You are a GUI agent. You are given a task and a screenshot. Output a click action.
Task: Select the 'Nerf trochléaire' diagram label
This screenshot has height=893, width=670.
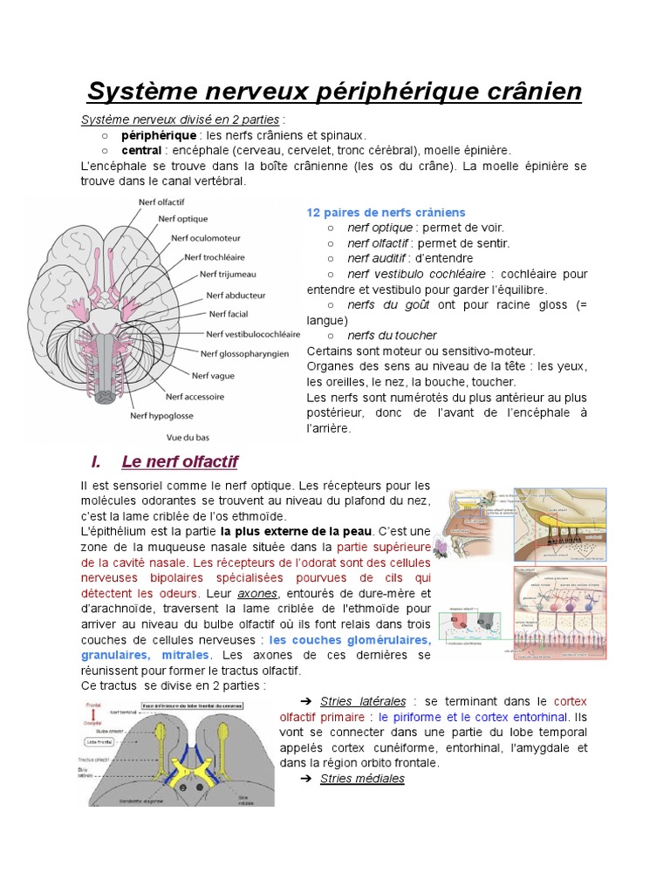point(215,257)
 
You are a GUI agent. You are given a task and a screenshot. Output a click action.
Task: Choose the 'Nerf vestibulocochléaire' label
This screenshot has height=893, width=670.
point(253,333)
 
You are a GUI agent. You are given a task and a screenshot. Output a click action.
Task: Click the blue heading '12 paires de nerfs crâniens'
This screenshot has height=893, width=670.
point(386,213)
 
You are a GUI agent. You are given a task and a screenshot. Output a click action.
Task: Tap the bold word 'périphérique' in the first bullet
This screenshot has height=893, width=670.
point(159,136)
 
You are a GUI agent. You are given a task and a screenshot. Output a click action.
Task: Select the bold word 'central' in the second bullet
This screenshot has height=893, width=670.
point(141,150)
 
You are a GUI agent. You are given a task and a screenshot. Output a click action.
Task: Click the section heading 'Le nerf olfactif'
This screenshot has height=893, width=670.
point(181,461)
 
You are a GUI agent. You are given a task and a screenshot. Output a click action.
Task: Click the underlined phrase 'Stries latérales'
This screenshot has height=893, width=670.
point(363,701)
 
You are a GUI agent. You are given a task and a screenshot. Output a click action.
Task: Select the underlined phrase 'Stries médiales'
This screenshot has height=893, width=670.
point(362,779)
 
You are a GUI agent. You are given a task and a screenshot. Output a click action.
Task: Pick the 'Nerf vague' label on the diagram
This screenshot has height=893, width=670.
point(214,375)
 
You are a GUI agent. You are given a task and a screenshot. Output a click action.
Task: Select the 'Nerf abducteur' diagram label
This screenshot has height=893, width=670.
point(236,295)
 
